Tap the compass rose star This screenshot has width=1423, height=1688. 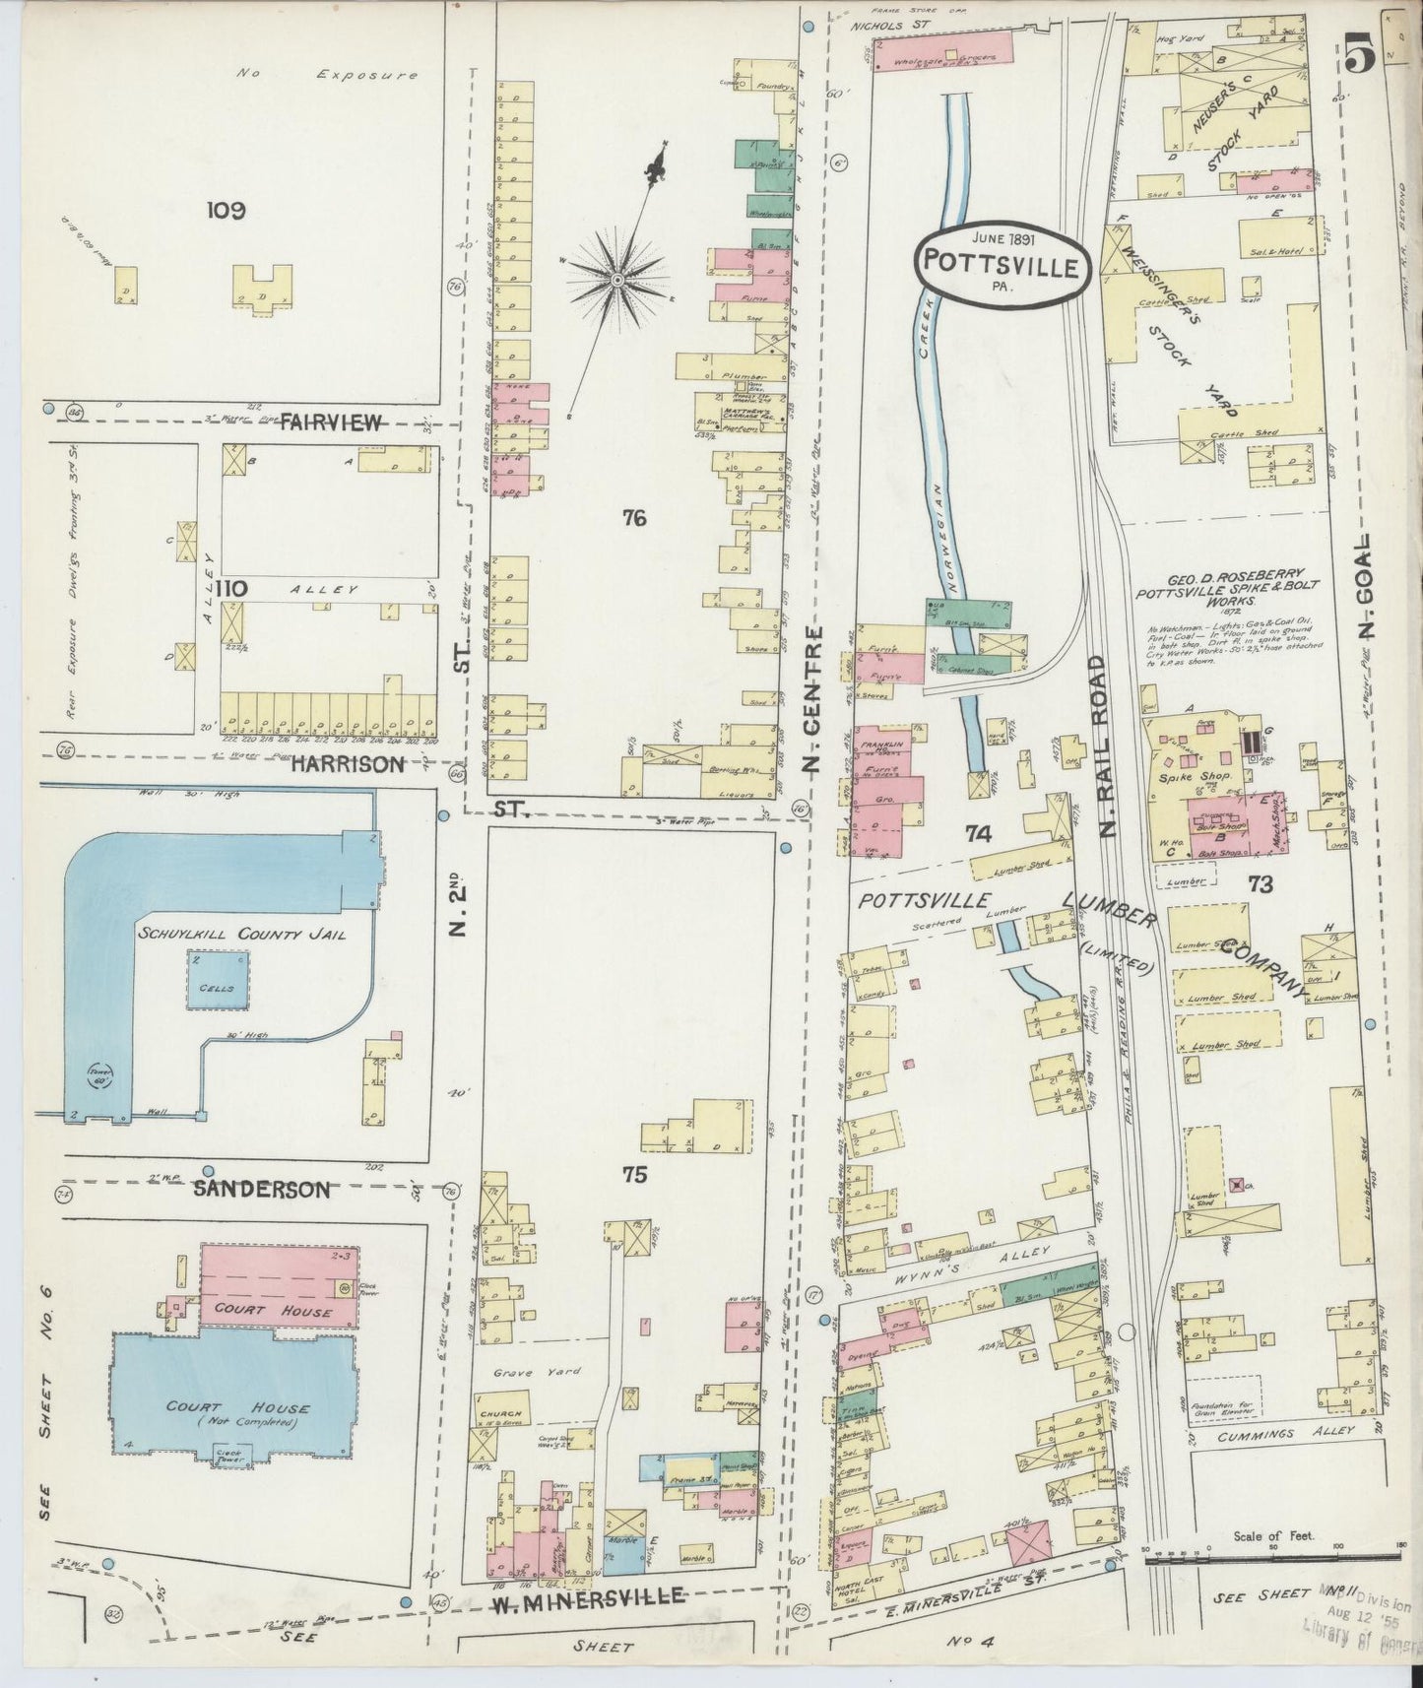pyautogui.click(x=616, y=282)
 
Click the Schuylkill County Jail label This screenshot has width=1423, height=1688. pyautogui.click(x=241, y=934)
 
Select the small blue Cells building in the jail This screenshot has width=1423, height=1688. pyautogui.click(x=218, y=979)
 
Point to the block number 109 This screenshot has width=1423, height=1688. pyautogui.click(x=226, y=210)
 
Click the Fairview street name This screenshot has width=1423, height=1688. pyautogui.click(x=330, y=423)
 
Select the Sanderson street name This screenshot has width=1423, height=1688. pyautogui.click(x=260, y=1189)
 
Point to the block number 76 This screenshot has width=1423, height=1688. pyautogui.click(x=634, y=516)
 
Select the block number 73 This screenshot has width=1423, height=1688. pyautogui.click(x=1260, y=883)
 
